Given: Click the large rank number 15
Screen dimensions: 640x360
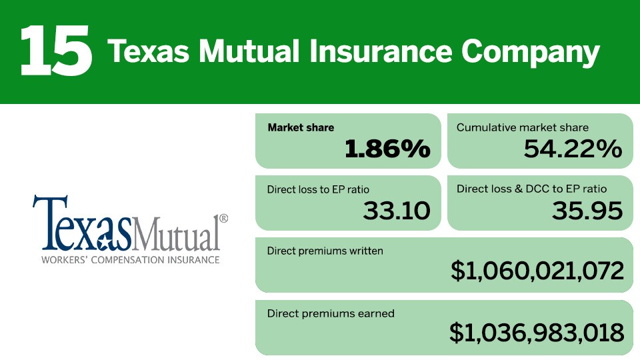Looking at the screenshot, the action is pyautogui.click(x=56, y=51).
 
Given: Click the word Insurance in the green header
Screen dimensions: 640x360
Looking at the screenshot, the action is pyautogui.click(x=381, y=51).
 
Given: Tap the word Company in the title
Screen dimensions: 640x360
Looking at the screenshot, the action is pyautogui.click(x=531, y=54).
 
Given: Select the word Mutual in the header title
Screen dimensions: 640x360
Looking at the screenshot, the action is pyautogui.click(x=249, y=51).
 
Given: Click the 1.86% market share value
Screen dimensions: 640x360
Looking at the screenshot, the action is pyautogui.click(x=387, y=148).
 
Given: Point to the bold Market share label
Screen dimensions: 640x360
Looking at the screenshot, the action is pyautogui.click(x=301, y=128).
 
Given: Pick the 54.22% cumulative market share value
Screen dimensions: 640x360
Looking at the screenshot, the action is pyautogui.click(x=573, y=148).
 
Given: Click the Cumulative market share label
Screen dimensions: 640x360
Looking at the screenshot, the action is pyautogui.click(x=523, y=128).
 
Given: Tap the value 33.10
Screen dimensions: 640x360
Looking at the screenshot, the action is pyautogui.click(x=397, y=211).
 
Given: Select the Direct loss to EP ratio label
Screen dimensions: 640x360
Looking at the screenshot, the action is pyautogui.click(x=318, y=189).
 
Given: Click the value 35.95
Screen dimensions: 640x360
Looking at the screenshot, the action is pyautogui.click(x=587, y=211).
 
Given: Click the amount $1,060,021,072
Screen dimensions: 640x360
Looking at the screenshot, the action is pyautogui.click(x=537, y=271).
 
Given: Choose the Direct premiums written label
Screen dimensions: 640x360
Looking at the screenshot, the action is pyautogui.click(x=325, y=251).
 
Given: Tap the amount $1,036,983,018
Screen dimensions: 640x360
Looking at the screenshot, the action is pyautogui.click(x=537, y=332).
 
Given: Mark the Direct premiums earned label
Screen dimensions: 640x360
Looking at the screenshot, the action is pyautogui.click(x=331, y=313).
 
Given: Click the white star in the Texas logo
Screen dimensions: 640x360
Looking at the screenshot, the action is pyautogui.click(x=104, y=243).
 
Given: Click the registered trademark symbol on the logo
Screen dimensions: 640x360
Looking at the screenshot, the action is pyautogui.click(x=224, y=219).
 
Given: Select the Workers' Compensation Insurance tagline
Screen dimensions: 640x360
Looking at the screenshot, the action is pyautogui.click(x=131, y=259).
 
